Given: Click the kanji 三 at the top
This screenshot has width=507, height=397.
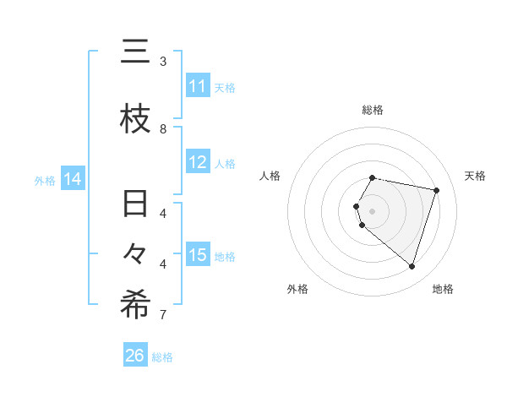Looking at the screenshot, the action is coord(135,53).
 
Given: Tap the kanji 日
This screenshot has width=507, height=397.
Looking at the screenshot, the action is coord(135,204).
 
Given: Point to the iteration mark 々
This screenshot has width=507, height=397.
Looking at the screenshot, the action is coord(135,255).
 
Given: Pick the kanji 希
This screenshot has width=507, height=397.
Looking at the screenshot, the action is coord(135,305).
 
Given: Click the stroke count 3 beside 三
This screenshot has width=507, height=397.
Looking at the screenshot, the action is coord(163,61).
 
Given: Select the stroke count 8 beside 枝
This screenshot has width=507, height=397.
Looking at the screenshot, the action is coord(163,128).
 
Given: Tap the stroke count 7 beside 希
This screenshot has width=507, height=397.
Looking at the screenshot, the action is coord(163,315).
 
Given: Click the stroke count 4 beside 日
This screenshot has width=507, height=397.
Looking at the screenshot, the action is coord(163,213).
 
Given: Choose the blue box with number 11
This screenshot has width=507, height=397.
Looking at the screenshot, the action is coord(198,86).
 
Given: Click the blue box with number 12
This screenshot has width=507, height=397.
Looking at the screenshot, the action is coord(198,162).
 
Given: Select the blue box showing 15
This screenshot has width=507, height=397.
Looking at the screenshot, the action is coord(198,255).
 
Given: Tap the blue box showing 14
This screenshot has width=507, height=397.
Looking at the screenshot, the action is coord(73,179).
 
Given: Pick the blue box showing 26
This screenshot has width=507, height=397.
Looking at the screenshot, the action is coord(135,356).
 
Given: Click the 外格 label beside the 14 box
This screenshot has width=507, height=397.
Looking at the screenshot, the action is coord(45,180).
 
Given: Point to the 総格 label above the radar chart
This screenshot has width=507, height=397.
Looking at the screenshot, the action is coord(373,110).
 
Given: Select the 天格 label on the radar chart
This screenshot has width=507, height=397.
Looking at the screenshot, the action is coord(475,176).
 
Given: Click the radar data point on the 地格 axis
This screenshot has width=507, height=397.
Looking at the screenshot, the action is coord(412,267).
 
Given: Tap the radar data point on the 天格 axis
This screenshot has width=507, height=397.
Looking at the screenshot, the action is coord(436,190).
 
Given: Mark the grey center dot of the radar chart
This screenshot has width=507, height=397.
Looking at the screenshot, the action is coord(373,210).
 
